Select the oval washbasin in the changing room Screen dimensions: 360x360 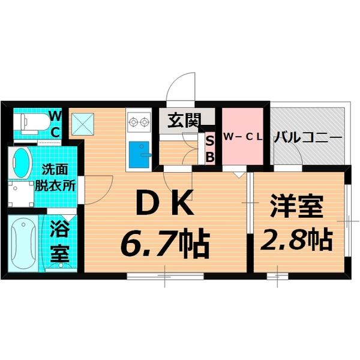[22, 163]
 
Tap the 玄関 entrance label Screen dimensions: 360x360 [184, 121]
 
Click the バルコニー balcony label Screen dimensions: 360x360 [308, 137]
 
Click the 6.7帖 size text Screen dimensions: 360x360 [166, 242]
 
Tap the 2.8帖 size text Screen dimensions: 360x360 [296, 240]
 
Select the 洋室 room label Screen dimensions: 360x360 [296, 208]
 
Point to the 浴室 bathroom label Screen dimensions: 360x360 [59, 241]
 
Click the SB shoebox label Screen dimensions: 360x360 [210, 149]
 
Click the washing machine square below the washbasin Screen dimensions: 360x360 [22, 193]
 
